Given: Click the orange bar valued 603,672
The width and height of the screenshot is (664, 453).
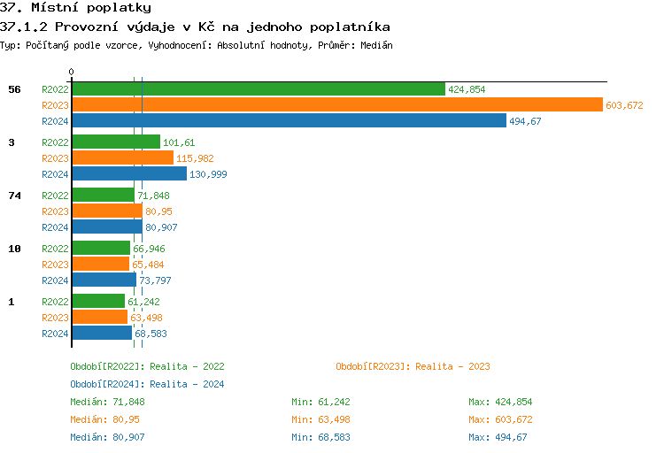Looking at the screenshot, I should pyautogui.click(x=336, y=105).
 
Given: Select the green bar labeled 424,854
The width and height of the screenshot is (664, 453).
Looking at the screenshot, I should pyautogui.click(x=258, y=89).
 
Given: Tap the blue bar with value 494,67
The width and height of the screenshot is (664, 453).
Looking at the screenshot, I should pyautogui.click(x=289, y=121).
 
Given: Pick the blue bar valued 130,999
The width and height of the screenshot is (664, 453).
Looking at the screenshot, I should pyautogui.click(x=128, y=174).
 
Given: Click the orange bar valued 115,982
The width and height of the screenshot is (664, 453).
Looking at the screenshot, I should pyautogui.click(x=122, y=158).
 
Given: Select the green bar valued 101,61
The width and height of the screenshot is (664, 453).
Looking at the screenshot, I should pyautogui.click(x=115, y=142).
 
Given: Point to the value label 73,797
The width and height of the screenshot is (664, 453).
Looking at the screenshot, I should pyautogui.click(x=155, y=280).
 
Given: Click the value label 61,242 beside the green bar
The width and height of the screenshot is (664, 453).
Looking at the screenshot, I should pyautogui.click(x=144, y=302).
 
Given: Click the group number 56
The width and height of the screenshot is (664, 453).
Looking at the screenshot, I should pyautogui.click(x=13, y=89).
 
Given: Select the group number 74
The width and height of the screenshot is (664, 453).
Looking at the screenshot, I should pyautogui.click(x=13, y=196).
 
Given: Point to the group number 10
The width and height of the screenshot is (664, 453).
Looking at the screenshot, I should pyautogui.click(x=13, y=249).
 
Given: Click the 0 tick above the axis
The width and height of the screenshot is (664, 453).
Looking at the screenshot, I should pyautogui.click(x=72, y=72).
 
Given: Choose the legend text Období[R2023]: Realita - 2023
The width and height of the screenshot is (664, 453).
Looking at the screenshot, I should pyautogui.click(x=413, y=366).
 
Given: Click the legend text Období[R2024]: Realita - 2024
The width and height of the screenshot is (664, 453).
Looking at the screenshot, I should pyautogui.click(x=147, y=384).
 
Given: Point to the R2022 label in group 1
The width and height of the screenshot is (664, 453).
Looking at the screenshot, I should pyautogui.click(x=55, y=302).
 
